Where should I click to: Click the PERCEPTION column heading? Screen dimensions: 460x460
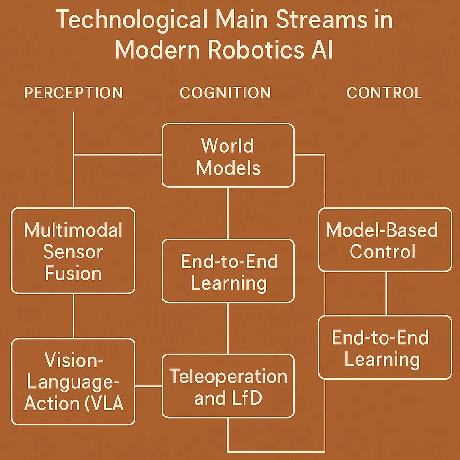tap(73, 93)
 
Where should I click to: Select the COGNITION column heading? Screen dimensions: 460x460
tap(225, 93)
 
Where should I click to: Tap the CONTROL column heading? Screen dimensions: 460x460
tap(385, 93)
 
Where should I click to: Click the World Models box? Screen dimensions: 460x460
tap(228, 156)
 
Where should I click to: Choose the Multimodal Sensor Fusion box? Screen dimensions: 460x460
tap(73, 251)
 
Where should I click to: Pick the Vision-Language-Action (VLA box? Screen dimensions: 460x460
tap(73, 381)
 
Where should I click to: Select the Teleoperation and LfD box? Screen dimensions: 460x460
tap(228, 386)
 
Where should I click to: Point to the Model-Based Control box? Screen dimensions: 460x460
tap(385, 240)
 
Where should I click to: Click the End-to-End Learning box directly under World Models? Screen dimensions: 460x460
tap(228, 271)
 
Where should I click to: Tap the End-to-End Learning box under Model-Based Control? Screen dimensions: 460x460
tap(385, 347)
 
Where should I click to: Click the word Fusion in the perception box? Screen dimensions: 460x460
tap(73, 274)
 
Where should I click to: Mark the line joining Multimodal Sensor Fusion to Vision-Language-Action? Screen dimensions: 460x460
tap(73, 316)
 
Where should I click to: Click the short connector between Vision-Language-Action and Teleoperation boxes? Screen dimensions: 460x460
tap(148, 386)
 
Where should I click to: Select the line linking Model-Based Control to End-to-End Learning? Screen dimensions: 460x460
tap(386, 293)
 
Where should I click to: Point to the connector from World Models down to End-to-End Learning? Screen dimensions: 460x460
tap(228, 213)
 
